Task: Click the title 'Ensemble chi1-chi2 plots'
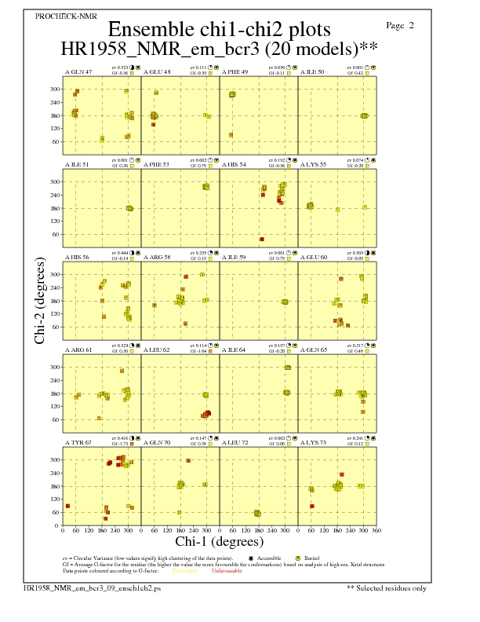[219, 30]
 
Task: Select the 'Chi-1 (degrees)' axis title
[219, 541]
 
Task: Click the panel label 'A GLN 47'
[78, 71]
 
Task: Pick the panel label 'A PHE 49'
[235, 71]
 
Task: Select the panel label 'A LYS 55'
[313, 164]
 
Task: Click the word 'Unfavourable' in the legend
[226, 570]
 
